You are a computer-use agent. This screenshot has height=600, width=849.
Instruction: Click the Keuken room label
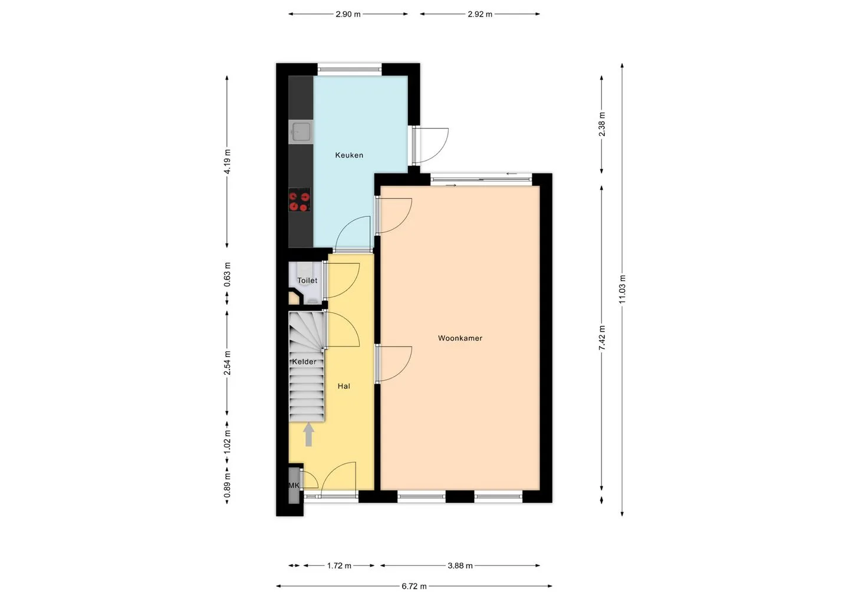(349, 155)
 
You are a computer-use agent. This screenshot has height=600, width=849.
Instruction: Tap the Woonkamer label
(460, 338)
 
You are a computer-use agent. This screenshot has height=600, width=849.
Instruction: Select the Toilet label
(307, 281)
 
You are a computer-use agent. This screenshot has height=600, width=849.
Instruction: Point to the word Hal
(344, 387)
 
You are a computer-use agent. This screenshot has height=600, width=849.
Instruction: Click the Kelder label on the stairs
(304, 362)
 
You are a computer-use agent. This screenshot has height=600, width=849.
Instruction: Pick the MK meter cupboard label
(294, 486)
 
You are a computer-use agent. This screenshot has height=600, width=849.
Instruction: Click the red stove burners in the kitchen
(300, 202)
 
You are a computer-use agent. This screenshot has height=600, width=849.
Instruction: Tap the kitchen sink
(301, 132)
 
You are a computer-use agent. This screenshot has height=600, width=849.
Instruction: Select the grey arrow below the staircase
(308, 434)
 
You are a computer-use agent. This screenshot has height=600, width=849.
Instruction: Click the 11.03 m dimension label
(622, 289)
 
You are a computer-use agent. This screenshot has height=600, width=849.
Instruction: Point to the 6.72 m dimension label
(414, 586)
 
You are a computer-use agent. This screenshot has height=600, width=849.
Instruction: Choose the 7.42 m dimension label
(602, 338)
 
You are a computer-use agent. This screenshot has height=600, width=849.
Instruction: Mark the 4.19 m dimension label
(227, 161)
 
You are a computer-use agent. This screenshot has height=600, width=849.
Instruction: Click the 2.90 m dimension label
(348, 14)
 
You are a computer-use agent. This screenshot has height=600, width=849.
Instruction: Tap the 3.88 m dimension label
(460, 566)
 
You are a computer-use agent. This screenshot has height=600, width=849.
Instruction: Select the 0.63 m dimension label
(227, 274)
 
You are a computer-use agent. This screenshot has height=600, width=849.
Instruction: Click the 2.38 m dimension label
(602, 124)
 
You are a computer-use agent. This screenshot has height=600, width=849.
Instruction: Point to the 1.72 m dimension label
(339, 566)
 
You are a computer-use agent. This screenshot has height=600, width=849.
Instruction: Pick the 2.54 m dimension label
(227, 363)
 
